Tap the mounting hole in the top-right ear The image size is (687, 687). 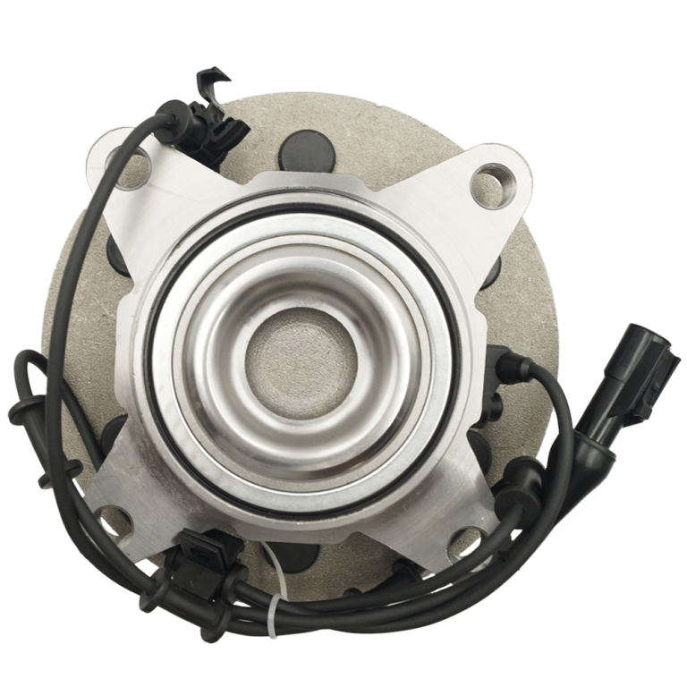[495, 180]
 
